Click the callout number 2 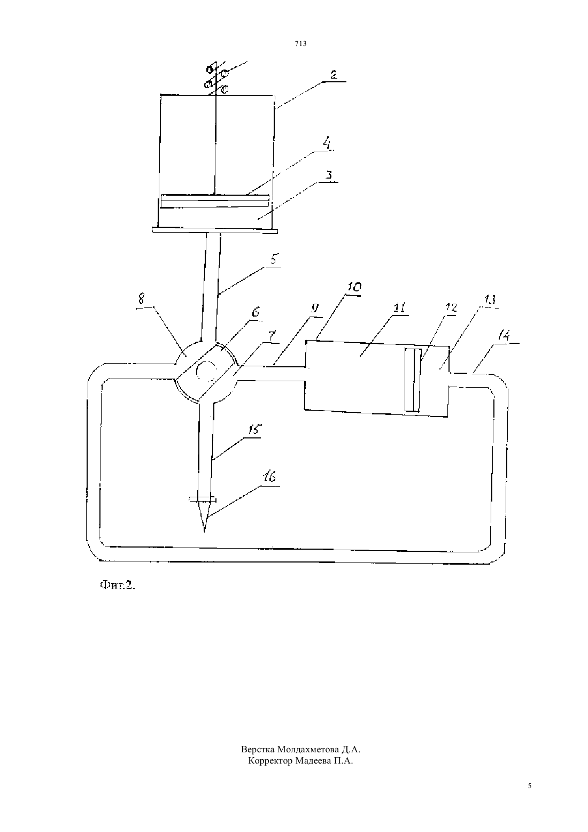[x=334, y=75]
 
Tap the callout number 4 [x=327, y=143]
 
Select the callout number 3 [x=329, y=175]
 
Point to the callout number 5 [x=274, y=259]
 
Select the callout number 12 [x=451, y=307]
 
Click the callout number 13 [x=490, y=300]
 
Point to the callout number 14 [x=504, y=336]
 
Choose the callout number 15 [x=254, y=430]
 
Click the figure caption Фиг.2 [x=117, y=586]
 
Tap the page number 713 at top [x=300, y=44]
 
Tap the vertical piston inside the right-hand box [x=413, y=380]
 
